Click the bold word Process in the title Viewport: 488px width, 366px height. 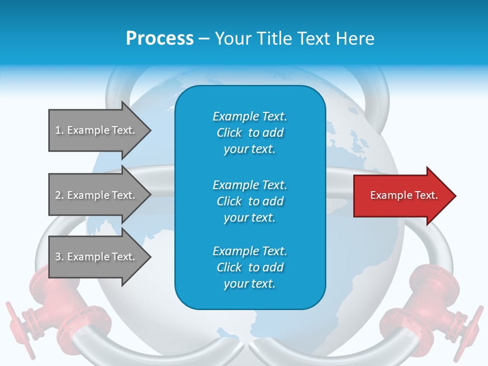160,39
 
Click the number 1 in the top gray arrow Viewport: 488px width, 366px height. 58,130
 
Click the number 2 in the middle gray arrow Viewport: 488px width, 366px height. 58,195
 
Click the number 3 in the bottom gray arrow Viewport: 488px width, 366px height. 58,257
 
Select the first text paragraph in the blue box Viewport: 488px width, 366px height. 250,133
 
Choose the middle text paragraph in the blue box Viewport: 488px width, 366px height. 250,201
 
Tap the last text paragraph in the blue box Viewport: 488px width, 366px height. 250,267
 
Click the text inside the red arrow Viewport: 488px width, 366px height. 404,195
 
